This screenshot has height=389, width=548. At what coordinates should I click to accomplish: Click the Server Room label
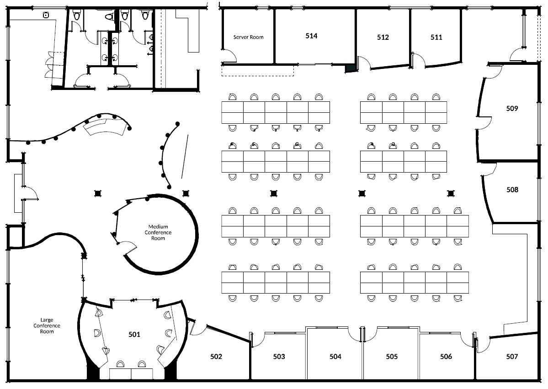[x=248, y=37]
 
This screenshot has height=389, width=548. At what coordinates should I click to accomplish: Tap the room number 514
[x=311, y=36]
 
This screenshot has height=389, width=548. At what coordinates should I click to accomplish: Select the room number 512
[x=383, y=37]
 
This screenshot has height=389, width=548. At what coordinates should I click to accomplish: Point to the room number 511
[x=436, y=37]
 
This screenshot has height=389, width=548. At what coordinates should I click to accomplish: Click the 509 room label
[x=512, y=108]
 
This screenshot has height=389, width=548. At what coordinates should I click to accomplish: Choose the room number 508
[x=512, y=189]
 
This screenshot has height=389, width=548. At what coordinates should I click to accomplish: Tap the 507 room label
[x=512, y=356]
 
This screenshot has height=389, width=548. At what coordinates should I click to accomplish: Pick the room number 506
[x=446, y=356]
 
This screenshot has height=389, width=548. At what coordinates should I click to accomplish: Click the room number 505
[x=391, y=356]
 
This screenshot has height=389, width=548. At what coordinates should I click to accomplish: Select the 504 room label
[x=335, y=356]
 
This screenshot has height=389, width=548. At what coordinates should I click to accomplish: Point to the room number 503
[x=279, y=356]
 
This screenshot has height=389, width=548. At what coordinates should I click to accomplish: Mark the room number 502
[x=216, y=356]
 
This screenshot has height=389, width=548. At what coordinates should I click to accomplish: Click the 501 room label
[x=134, y=334]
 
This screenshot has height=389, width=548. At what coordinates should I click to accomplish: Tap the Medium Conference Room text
[x=158, y=232]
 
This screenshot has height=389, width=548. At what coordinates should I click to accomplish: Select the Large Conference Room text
[x=47, y=326]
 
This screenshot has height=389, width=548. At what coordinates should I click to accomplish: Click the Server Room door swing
[x=230, y=57]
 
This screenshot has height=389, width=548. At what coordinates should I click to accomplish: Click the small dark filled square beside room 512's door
[x=350, y=68]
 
